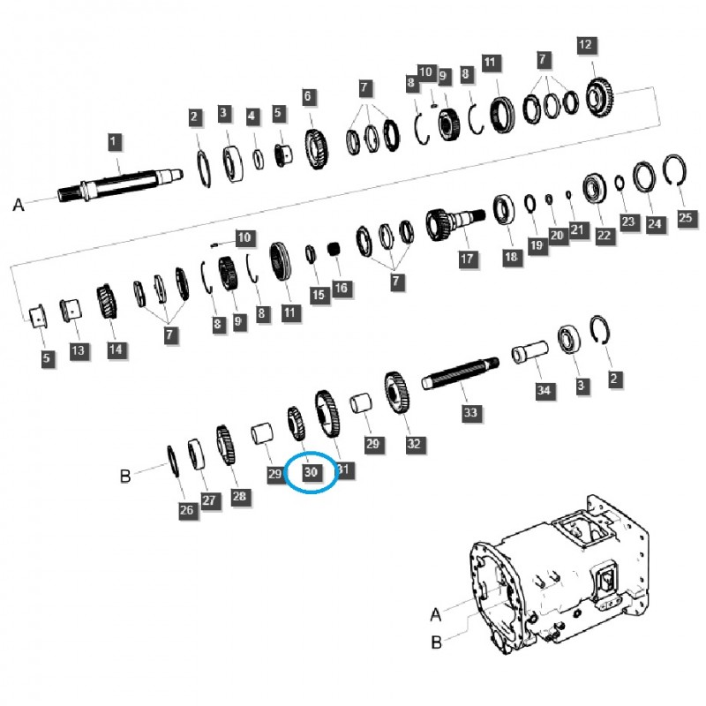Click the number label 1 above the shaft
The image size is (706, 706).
click(113, 141)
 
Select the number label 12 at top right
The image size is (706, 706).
click(587, 44)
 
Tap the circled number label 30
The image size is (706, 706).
click(311, 472)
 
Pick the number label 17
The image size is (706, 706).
click(467, 259)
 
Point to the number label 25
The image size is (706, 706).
click(687, 217)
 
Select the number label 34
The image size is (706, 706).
click(543, 390)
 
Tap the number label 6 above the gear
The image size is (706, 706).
click(308, 95)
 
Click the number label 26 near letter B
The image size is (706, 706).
click(186, 509)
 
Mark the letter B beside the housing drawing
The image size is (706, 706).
click(435, 643)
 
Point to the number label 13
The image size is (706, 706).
click(79, 351)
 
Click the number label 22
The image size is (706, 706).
click(604, 236)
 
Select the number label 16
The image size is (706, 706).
click(341, 288)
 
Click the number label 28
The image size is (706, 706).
click(239, 497)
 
